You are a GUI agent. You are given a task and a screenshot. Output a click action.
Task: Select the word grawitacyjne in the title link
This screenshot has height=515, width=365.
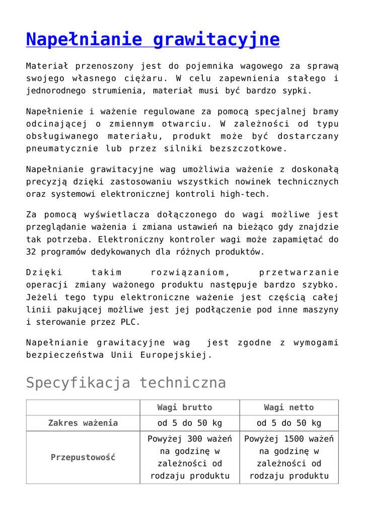216,39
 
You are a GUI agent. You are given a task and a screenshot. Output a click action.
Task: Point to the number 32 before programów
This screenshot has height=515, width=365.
31,252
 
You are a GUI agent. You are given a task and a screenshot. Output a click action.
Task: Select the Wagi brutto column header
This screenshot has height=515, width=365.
185,407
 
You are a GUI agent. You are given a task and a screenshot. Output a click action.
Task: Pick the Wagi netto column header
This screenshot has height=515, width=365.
288,407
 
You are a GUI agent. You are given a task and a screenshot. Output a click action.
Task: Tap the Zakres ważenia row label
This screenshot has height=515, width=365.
83,423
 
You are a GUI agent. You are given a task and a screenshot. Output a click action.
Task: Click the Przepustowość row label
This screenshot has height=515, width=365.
83,457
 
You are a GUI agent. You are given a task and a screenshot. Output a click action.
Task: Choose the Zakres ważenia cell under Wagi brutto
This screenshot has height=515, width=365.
189,423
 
